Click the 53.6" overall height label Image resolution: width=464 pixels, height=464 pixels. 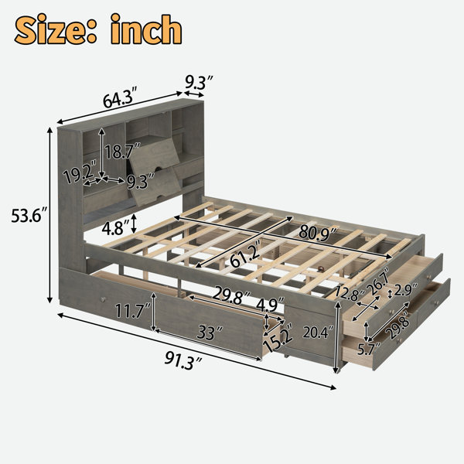click(29, 216)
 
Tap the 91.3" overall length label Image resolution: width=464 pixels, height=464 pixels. click(183, 360)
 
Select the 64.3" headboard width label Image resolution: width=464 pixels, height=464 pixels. click(121, 97)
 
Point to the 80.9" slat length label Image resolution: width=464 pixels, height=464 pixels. click(319, 232)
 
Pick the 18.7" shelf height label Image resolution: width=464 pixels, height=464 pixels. click(122, 152)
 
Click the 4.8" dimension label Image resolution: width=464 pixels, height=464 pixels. click(116, 228)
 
